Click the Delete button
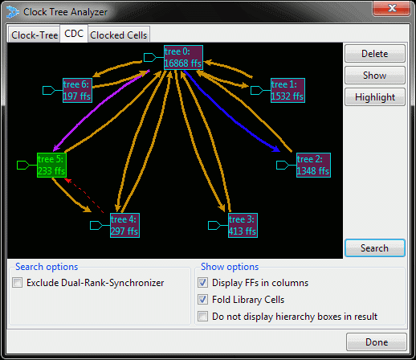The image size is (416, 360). coord(375,54)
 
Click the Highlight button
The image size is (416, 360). coord(375,97)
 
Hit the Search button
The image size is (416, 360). coord(375,248)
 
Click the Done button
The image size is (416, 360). coord(377,342)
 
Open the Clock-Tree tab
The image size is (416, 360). coord(35,35)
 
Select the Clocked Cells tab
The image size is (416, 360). coord(119,35)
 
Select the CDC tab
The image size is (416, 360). coord(74,34)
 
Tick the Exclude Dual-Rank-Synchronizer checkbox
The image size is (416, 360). coord(17,283)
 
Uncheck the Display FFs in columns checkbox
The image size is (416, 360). coord(202,283)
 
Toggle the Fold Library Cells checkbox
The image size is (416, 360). coord(202,300)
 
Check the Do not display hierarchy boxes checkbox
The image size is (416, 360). coord(202,317)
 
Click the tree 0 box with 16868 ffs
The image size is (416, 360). coord(183,57)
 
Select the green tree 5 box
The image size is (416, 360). coord(51,165)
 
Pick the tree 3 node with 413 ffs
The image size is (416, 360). coord(243,225)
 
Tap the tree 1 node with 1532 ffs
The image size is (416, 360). coord(288,90)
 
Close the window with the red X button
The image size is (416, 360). coord(391,8)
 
